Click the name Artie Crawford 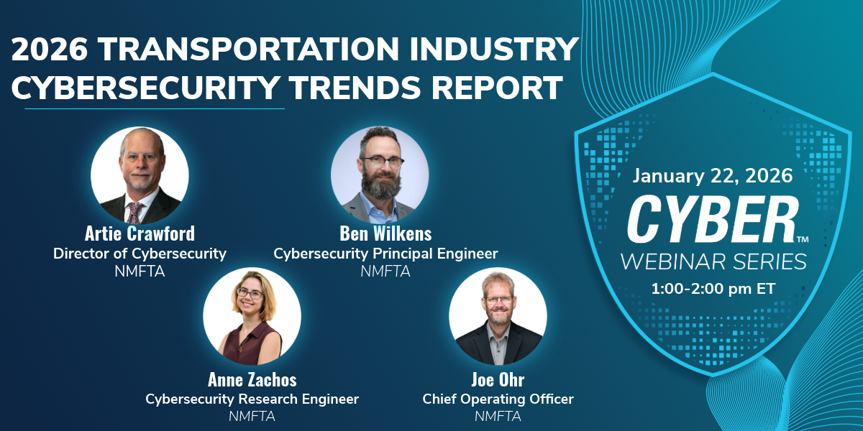point(140,234)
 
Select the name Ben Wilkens point(385,234)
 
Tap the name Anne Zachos point(252,379)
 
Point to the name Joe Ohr point(498,379)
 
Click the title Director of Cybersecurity point(140,254)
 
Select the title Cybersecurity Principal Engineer point(385,254)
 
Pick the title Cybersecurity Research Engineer point(252,399)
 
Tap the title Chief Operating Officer point(498,399)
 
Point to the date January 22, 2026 point(712,175)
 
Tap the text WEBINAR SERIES point(713,261)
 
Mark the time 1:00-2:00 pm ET point(713,289)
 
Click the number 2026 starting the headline point(49,50)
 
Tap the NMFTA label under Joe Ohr point(498,416)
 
